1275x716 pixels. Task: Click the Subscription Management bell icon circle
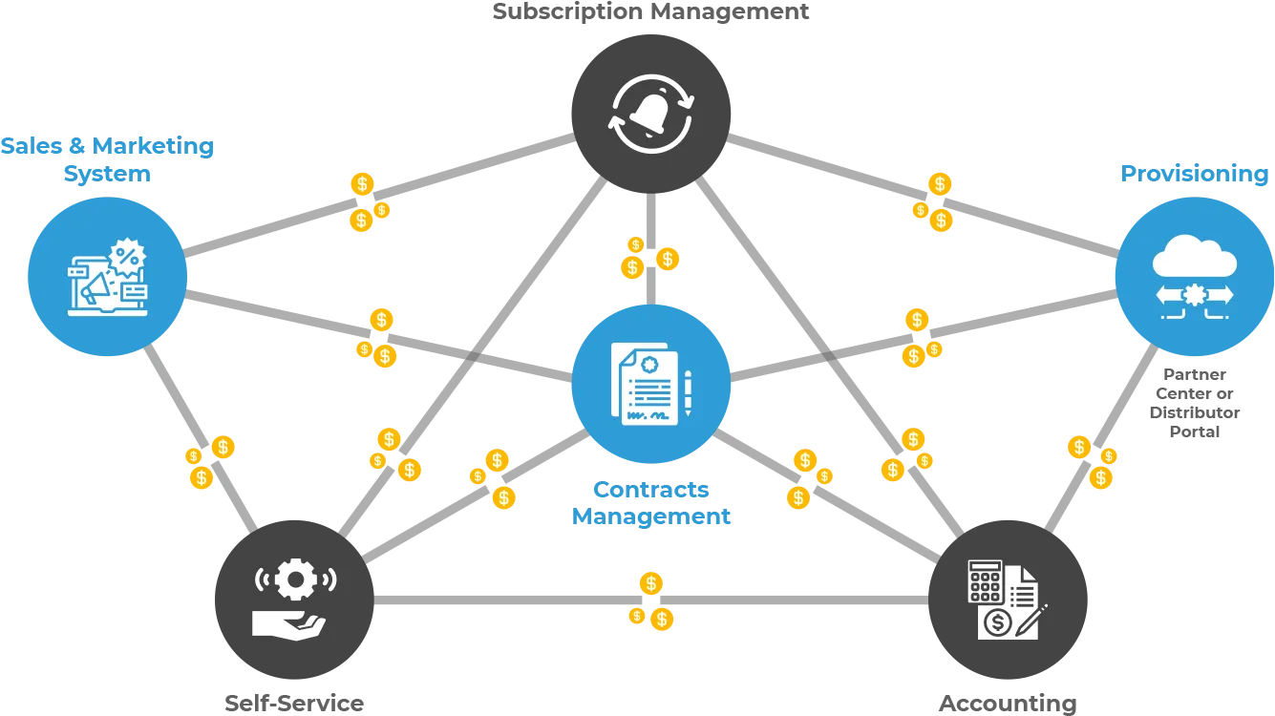pos(650,114)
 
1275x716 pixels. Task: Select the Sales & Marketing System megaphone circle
pos(106,277)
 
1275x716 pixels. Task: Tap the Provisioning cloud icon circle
pos(1194,277)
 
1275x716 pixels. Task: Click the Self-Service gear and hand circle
pos(294,599)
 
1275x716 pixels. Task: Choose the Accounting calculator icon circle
pos(1008,599)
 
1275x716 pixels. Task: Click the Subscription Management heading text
pos(650,12)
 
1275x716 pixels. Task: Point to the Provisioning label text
pos(1194,174)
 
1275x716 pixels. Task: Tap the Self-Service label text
pos(294,704)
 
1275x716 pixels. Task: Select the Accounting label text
pos(1008,704)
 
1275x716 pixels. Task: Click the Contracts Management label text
pos(650,503)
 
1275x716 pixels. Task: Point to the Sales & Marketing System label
pos(107,159)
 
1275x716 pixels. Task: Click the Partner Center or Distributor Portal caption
pos(1194,403)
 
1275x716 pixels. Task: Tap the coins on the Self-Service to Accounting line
pos(652,601)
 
